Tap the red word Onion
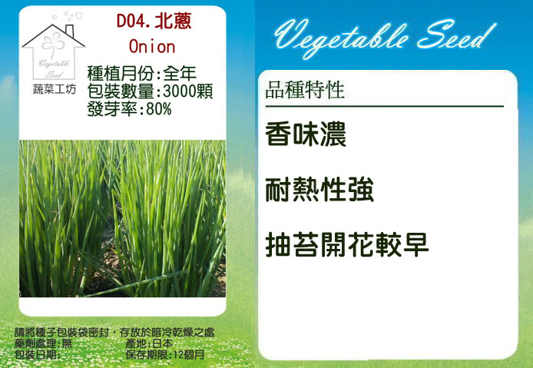(152, 47)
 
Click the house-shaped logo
(53, 51)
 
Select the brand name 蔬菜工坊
(54, 89)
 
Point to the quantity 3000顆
(188, 91)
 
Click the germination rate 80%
(159, 109)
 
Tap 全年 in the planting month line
(180, 73)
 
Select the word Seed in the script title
(456, 35)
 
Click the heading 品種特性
(305, 90)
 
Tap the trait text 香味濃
(306, 134)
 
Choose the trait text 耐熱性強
(319, 190)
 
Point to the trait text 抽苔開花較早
(347, 244)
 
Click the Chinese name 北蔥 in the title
(173, 21)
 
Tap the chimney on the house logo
(70, 31)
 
